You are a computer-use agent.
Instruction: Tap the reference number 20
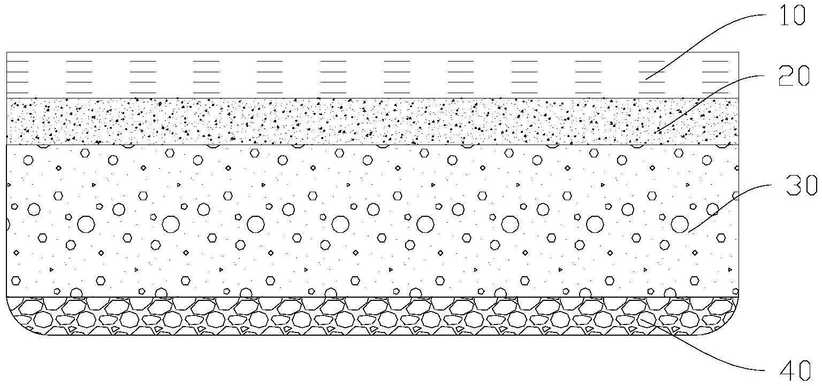click(x=794, y=76)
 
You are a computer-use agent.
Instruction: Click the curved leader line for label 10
click(x=706, y=43)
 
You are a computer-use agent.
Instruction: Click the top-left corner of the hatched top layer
click(x=6, y=52)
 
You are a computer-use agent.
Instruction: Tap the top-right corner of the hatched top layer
click(x=738, y=52)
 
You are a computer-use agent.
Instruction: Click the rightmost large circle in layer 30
click(x=680, y=224)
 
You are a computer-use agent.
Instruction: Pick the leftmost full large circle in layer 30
click(x=86, y=224)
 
